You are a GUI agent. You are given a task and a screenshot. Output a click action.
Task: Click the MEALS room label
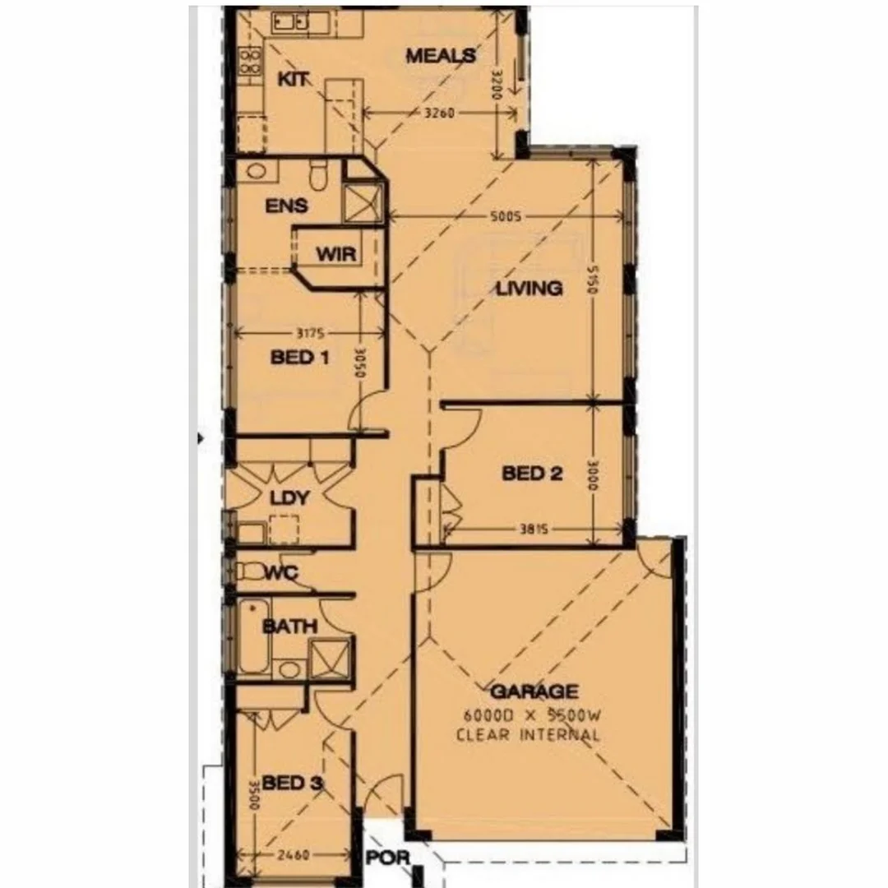(x=441, y=56)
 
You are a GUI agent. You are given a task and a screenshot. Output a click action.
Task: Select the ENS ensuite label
(x=286, y=206)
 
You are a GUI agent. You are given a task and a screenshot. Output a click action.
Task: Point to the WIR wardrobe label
(x=336, y=254)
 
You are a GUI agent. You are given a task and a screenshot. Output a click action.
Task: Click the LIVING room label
(x=529, y=288)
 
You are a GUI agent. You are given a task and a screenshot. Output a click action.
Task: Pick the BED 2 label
(x=532, y=474)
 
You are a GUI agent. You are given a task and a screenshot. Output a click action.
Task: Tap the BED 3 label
(x=291, y=784)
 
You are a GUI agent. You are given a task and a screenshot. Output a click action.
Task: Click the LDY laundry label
(x=289, y=498)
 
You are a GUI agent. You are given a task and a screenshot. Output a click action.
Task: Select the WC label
(x=280, y=572)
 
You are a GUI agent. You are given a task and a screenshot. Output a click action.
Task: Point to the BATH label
(x=289, y=627)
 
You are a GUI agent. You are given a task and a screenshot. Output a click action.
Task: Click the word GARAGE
(x=534, y=691)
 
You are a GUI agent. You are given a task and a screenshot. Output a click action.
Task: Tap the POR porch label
(x=387, y=858)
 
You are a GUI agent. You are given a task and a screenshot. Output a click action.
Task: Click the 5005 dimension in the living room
(x=505, y=217)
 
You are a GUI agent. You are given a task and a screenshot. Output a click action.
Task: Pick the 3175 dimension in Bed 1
(x=309, y=333)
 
